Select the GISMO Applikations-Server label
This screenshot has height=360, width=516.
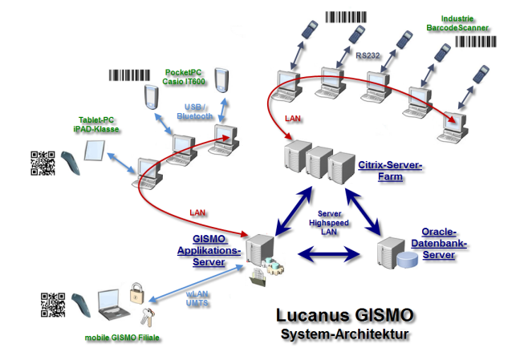tap(209, 249)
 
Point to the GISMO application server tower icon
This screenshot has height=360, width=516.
tap(258, 249)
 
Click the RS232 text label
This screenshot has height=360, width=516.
tap(368, 56)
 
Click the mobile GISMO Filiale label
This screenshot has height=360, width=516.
tap(122, 338)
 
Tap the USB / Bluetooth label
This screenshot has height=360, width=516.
tap(195, 112)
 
